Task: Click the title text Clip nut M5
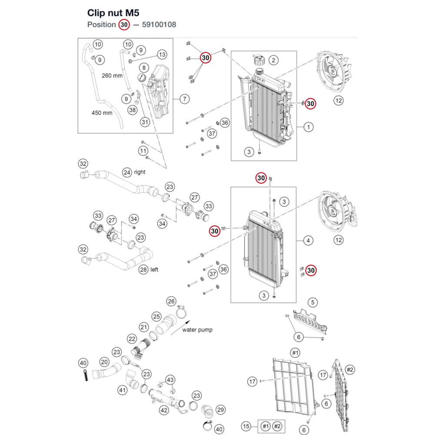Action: click(113, 13)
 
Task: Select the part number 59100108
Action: click(159, 25)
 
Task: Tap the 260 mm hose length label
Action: click(112, 75)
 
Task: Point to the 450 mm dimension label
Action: click(102, 113)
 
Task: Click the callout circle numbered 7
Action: click(184, 99)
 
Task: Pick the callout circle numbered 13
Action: click(162, 55)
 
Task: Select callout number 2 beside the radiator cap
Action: click(274, 60)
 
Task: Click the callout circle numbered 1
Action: click(308, 127)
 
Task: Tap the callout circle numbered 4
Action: click(308, 241)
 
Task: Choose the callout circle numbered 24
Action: click(127, 173)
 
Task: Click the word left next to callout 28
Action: click(154, 270)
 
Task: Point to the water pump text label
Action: click(197, 330)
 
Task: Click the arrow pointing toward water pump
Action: click(180, 328)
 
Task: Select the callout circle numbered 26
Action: click(171, 301)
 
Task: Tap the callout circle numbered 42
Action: click(164, 410)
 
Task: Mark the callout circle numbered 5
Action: click(313, 302)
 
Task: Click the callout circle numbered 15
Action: click(246, 426)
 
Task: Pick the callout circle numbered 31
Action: click(145, 122)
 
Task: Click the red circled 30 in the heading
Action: click(124, 25)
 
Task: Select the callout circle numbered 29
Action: click(221, 410)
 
